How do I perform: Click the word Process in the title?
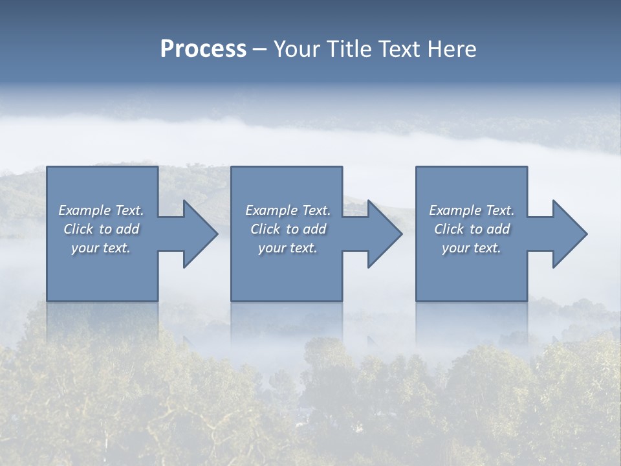point(203,49)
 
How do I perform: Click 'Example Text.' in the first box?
point(101,210)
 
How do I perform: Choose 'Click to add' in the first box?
point(101,229)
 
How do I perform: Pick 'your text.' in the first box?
point(101,248)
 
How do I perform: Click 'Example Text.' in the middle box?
point(288,210)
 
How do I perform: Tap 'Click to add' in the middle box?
point(288,229)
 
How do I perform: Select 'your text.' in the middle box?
point(288,248)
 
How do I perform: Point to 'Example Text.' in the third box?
point(472,210)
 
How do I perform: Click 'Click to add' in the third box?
point(472,229)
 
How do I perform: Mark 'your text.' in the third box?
point(472,248)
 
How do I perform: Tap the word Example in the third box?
point(455,210)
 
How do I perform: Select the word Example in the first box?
point(85,210)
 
